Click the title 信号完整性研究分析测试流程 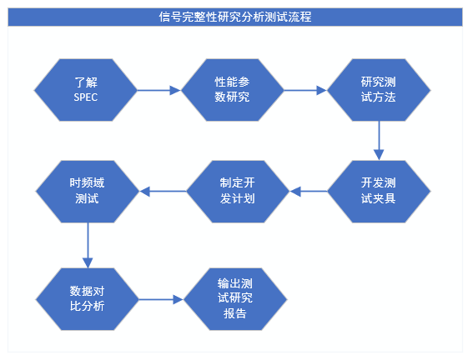click(x=234, y=16)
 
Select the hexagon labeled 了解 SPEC click(x=86, y=89)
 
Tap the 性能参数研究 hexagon click(x=232, y=89)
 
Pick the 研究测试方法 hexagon click(x=378, y=89)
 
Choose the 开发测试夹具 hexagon click(x=378, y=192)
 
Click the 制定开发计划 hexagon click(x=237, y=192)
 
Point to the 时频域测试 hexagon click(x=87, y=192)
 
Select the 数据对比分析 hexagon click(x=87, y=298)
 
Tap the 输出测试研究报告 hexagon click(x=235, y=298)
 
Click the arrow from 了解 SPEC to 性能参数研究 click(x=159, y=89)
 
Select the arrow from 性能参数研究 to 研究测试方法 click(x=304, y=89)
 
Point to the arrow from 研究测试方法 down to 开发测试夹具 click(x=378, y=140)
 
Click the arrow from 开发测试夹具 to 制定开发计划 click(x=308, y=192)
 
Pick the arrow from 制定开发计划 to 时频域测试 click(x=162, y=192)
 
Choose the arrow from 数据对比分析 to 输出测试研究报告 click(x=160, y=298)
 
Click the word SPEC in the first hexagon click(x=86, y=97)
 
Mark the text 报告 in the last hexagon click(x=235, y=314)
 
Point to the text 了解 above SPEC click(x=86, y=82)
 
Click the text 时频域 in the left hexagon click(x=87, y=183)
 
